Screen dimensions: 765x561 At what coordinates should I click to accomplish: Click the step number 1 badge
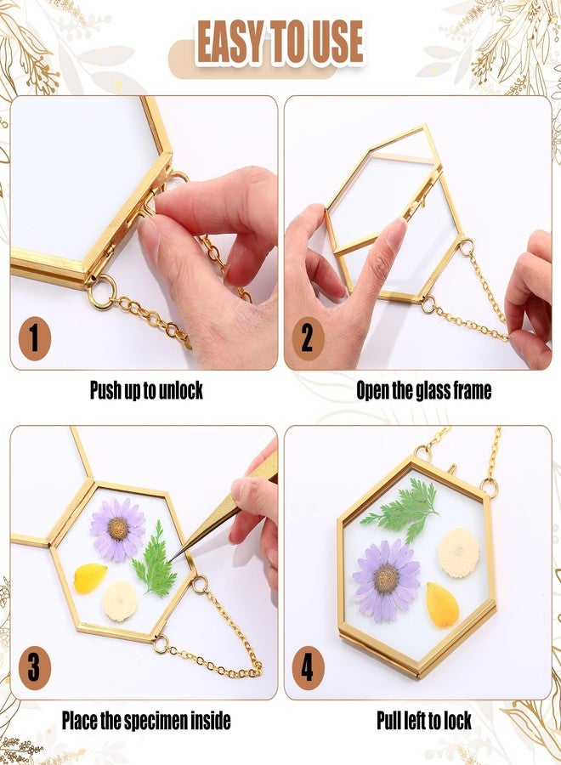tap(34, 338)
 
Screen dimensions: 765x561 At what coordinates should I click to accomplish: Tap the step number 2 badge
tap(307, 338)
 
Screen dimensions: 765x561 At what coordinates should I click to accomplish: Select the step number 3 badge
tap(34, 667)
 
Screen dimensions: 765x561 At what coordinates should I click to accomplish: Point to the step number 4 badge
tap(308, 667)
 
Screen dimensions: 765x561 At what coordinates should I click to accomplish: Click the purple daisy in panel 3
tap(117, 529)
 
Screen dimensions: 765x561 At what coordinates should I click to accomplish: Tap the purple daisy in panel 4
tap(387, 580)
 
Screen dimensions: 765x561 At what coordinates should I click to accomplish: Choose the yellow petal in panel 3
tap(89, 579)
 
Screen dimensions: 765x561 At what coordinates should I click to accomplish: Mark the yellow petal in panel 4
tap(442, 605)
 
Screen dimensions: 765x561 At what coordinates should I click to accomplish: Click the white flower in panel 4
tap(459, 552)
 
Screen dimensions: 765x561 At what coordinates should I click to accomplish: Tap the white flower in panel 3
tap(120, 601)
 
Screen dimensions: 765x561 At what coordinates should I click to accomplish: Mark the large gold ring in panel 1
tap(103, 292)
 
